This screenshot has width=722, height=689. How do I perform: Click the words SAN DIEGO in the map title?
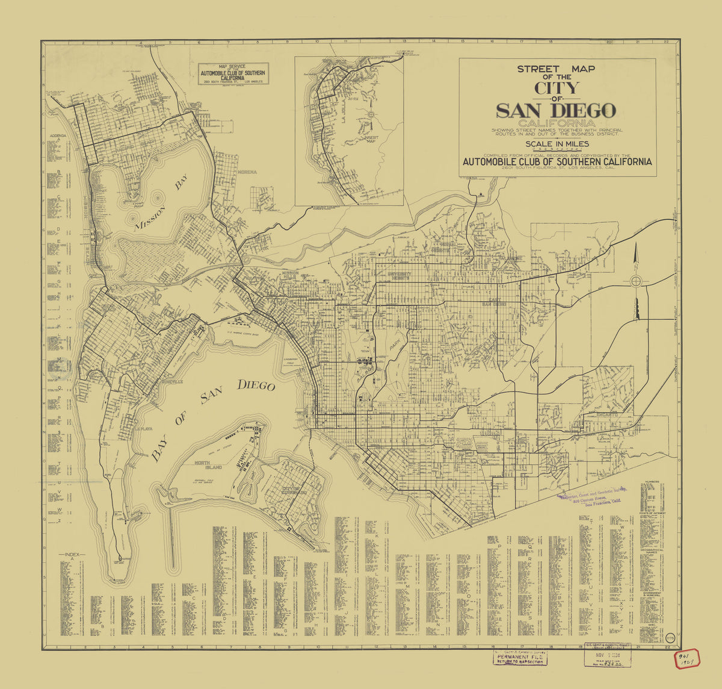pos(556,111)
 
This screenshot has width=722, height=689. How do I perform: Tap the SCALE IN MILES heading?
pos(557,144)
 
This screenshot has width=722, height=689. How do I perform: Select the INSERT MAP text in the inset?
pos(371,139)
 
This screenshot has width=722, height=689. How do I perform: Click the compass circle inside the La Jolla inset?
pos(371,114)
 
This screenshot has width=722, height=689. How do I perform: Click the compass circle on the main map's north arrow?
pos(636,281)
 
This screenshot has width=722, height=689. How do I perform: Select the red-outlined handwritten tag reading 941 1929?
pos(685,659)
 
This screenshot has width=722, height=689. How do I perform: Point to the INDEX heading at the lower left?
pos(72,554)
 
